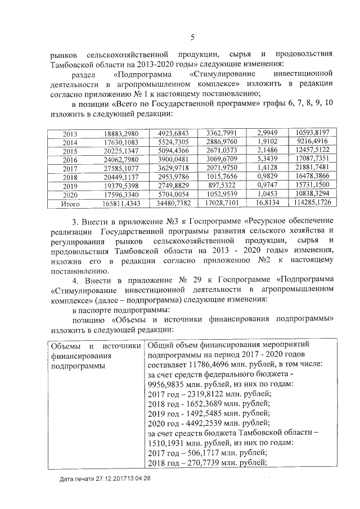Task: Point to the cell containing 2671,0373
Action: [221, 152]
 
